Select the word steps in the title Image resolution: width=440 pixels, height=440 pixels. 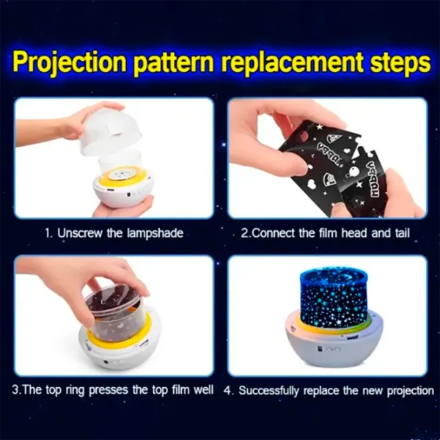(x=396, y=63)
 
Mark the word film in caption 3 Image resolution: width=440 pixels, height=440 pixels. (x=176, y=390)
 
